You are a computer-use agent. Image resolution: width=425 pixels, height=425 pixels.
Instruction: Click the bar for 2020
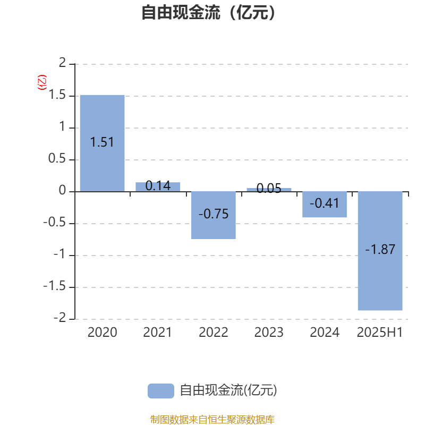[x=102, y=143]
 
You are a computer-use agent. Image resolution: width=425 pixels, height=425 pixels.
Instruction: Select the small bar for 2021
[x=158, y=187]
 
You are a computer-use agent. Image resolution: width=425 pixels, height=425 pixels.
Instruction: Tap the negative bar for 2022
[x=214, y=215]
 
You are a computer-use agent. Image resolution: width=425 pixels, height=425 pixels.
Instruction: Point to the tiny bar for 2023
[x=269, y=190]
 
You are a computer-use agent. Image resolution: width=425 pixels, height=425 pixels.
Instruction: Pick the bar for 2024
[x=325, y=205]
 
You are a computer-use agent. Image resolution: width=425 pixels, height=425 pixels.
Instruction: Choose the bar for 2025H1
[x=380, y=251]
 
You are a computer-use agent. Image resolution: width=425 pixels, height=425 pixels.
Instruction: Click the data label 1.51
[x=102, y=142]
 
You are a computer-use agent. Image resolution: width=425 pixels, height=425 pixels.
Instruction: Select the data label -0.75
[x=214, y=214]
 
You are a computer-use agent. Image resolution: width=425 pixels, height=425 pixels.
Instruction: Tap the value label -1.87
[x=380, y=249]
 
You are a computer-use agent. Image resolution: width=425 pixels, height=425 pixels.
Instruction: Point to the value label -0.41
[x=325, y=203]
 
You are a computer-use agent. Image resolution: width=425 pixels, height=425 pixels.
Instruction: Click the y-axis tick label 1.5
[x=57, y=95]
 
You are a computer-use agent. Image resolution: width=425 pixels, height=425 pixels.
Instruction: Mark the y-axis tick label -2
[x=60, y=318]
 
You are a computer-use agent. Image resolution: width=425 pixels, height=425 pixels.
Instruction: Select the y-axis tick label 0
[x=62, y=190]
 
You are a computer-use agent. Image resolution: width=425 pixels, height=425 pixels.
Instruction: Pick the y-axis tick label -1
[x=60, y=254]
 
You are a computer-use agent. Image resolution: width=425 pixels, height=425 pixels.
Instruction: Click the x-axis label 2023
[x=269, y=333]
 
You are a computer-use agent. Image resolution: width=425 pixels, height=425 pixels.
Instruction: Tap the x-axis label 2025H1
[x=380, y=333]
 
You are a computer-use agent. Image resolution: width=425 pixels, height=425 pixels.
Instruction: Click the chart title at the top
[x=209, y=12]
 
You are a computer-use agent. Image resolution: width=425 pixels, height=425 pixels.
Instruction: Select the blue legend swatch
[x=161, y=391]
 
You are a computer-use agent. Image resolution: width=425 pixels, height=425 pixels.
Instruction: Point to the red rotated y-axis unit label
[x=42, y=82]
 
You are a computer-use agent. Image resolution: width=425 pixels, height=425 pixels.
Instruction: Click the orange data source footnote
[x=212, y=419]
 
